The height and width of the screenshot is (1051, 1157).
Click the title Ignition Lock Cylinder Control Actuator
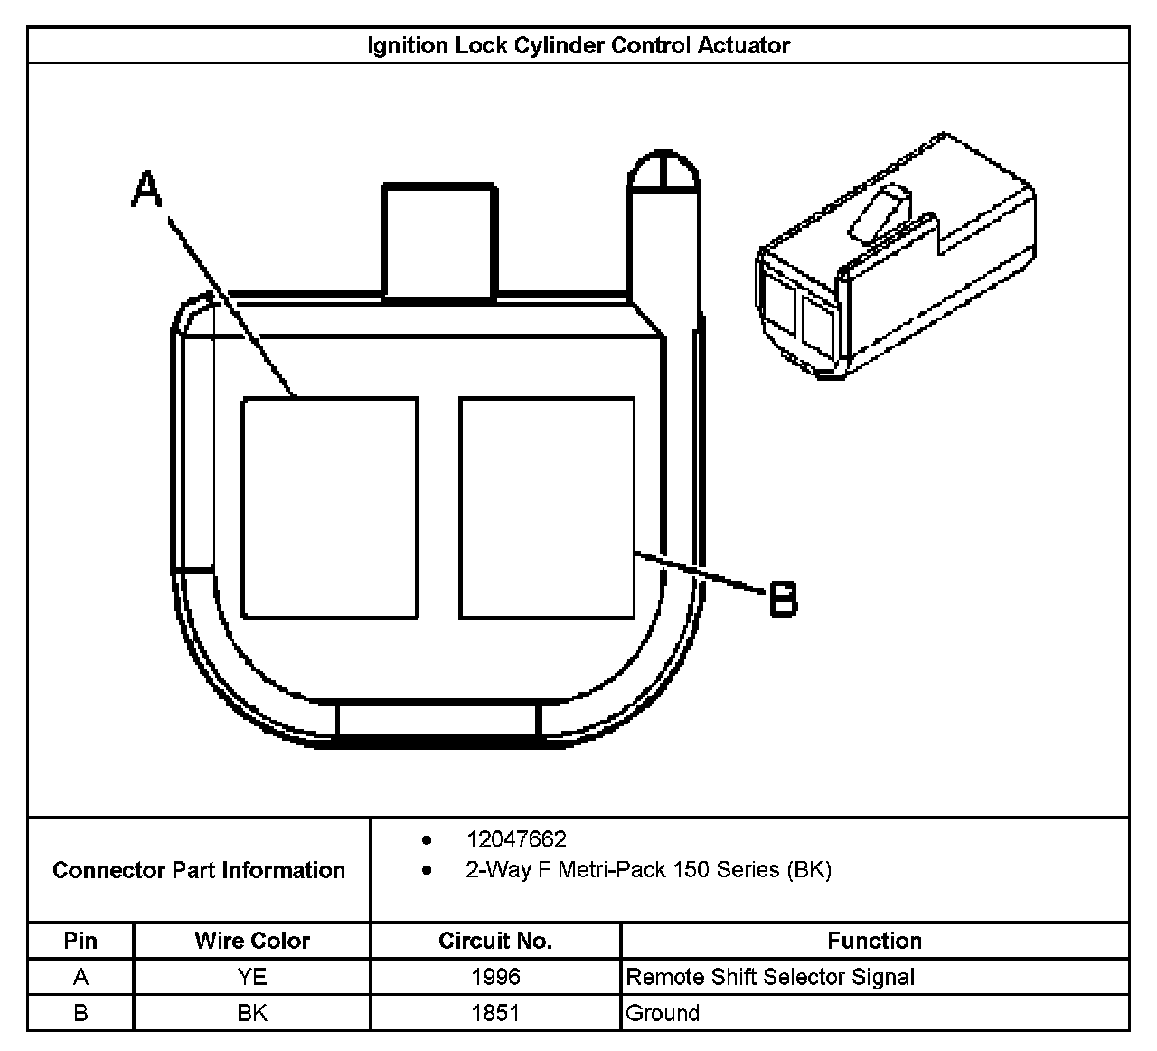[x=578, y=45]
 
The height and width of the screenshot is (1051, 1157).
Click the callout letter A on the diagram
[x=146, y=191]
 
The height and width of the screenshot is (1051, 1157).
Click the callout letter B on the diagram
[x=784, y=599]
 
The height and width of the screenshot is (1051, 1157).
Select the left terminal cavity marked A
[x=330, y=507]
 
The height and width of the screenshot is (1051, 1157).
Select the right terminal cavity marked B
[x=546, y=507]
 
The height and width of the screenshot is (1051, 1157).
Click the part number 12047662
[x=516, y=839]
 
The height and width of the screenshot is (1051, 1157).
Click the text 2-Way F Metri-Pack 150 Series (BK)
[x=648, y=870]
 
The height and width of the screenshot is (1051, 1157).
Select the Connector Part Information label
[x=199, y=870]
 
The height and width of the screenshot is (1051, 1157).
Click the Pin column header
[x=80, y=941]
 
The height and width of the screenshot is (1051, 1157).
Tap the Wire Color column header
[x=252, y=941]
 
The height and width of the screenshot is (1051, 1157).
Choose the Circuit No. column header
[x=495, y=941]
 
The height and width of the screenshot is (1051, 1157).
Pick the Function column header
[x=874, y=941]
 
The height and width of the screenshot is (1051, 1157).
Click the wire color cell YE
[x=252, y=977]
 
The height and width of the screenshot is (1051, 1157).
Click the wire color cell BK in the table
[x=252, y=1013]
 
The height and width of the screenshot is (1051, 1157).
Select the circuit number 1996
[x=495, y=977]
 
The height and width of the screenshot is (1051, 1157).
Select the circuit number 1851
[x=495, y=1013]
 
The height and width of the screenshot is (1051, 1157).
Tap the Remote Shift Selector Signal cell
[x=770, y=977]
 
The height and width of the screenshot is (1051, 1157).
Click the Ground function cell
[x=663, y=1013]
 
